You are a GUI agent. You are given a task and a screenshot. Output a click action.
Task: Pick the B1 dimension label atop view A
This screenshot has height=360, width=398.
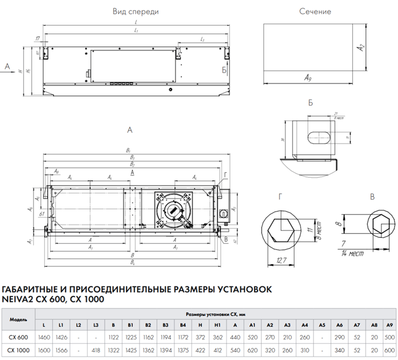129,150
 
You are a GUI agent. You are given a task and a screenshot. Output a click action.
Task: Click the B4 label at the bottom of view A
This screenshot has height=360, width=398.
132,262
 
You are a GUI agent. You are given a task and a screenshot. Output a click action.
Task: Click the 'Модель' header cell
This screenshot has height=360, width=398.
18,319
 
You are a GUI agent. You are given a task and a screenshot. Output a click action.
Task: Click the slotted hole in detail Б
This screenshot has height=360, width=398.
317,136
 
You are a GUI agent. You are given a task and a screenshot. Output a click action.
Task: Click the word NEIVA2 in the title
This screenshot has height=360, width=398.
19,299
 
